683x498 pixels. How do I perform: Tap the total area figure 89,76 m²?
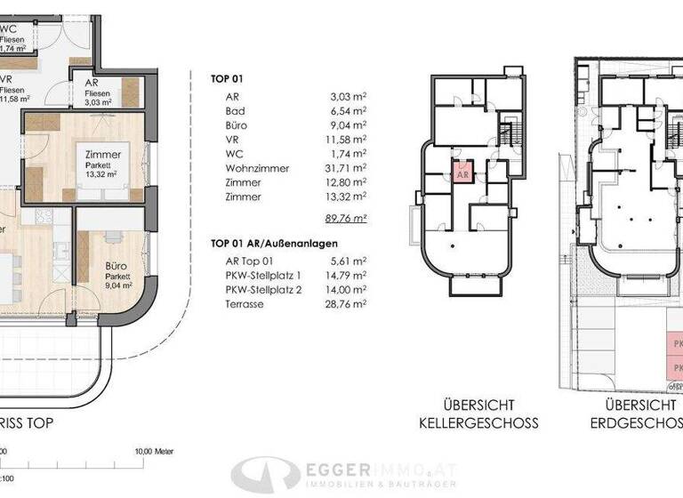click(x=347, y=216)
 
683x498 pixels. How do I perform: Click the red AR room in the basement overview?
click(x=462, y=174)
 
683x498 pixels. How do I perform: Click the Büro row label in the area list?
click(x=237, y=125)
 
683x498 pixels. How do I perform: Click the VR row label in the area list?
click(x=233, y=140)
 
